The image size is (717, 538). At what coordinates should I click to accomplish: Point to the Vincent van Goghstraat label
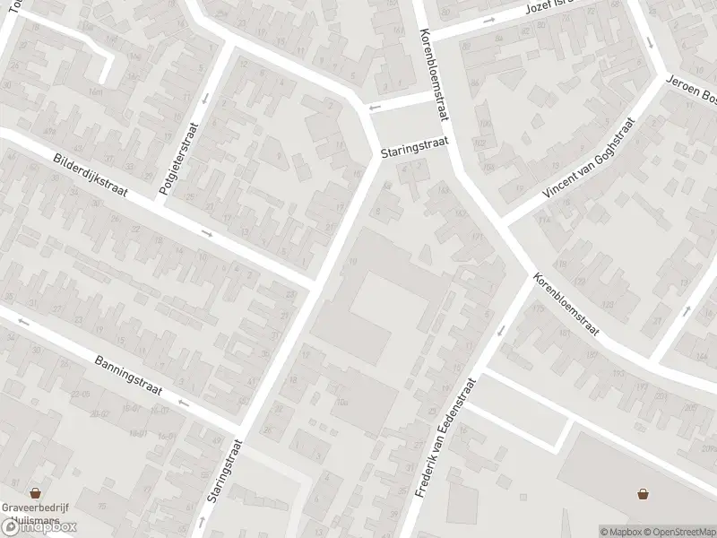click(588, 159)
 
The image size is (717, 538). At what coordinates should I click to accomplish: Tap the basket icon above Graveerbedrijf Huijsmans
click(36, 492)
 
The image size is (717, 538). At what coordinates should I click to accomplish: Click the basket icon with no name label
click(644, 492)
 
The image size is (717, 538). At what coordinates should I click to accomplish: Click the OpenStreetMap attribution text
click(679, 531)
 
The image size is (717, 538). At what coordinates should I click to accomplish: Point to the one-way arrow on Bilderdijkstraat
click(206, 234)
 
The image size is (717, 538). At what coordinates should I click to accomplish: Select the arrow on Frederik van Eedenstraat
click(500, 331)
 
